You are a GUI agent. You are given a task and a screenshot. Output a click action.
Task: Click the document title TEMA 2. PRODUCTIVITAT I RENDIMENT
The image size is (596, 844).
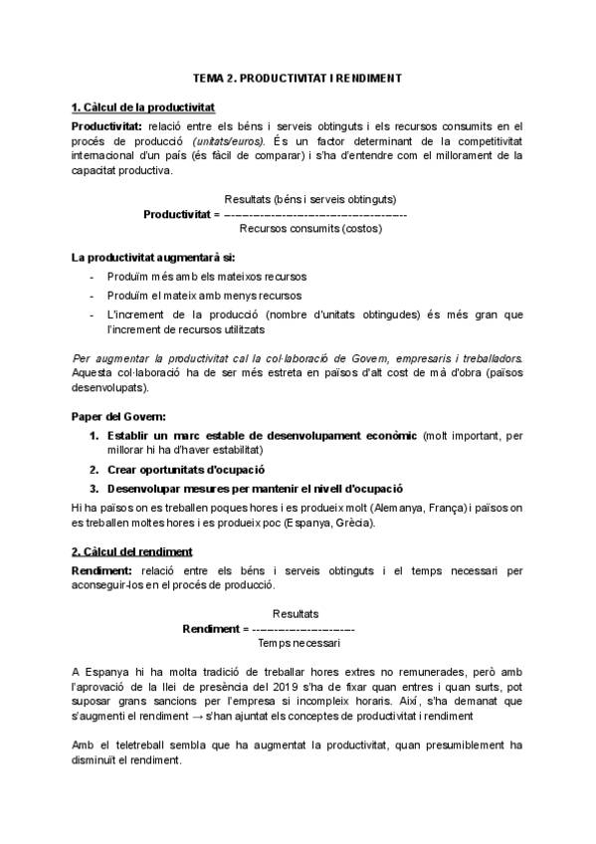click(x=298, y=77)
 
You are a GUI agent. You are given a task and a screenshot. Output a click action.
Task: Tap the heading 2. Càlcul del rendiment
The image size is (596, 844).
click(x=132, y=550)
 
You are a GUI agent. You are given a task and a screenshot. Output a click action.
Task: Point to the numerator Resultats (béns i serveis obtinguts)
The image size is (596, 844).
click(x=311, y=199)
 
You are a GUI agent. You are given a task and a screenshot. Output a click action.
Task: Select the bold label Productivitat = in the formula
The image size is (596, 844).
click(x=181, y=213)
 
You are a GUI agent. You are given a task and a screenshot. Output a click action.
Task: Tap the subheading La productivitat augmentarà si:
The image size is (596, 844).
click(x=145, y=257)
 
